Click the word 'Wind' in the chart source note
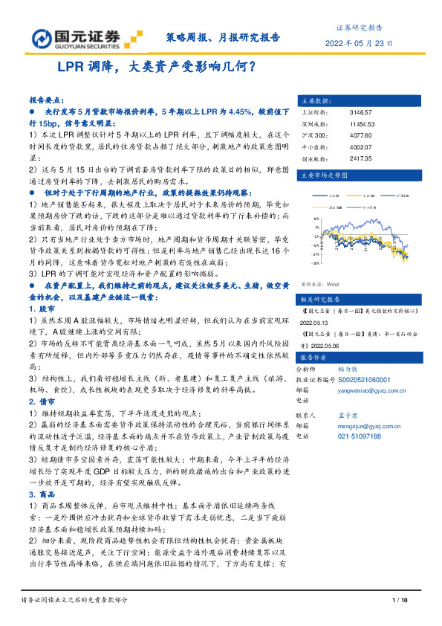click(x=332, y=283)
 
